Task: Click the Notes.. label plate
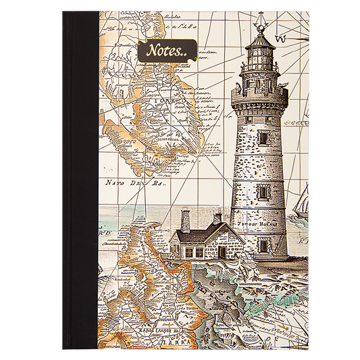[166, 51]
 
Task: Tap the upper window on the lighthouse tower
[263, 137]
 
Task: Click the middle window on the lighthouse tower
[263, 190]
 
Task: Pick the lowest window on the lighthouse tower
[263, 245]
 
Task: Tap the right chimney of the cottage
[217, 218]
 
